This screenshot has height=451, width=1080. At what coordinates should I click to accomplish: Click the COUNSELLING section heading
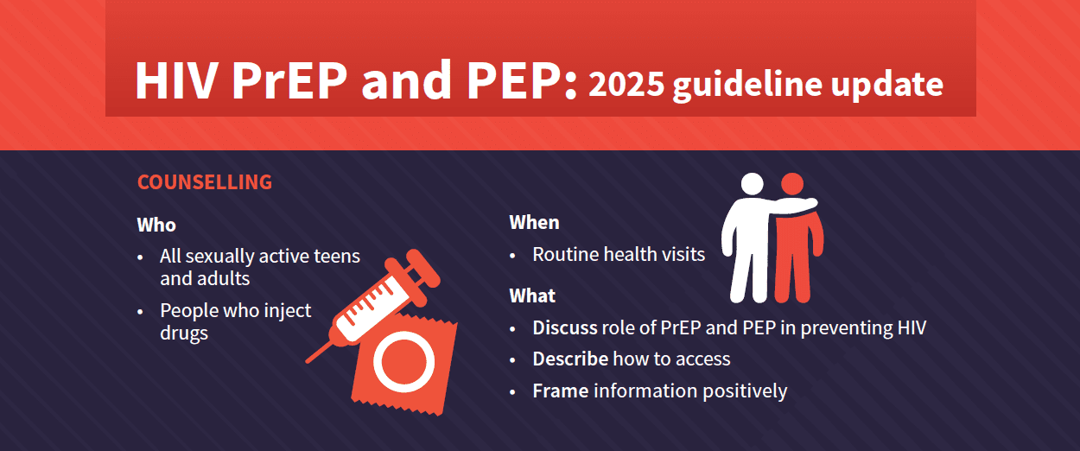(205, 182)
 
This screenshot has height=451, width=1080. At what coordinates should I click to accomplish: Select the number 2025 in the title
(626, 85)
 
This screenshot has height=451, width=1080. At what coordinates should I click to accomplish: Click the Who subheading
(156, 225)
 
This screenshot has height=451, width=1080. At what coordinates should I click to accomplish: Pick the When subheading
(534, 222)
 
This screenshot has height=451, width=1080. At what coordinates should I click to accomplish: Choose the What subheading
(532, 295)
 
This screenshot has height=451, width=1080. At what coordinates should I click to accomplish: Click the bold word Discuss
(565, 328)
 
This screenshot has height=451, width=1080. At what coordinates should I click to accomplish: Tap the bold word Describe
(570, 359)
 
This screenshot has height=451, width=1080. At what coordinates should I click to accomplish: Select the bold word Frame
(560, 391)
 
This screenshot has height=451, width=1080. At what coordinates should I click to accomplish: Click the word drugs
(184, 333)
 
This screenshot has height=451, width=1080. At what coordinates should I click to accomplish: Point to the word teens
(337, 256)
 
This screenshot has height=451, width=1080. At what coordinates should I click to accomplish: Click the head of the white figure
(753, 184)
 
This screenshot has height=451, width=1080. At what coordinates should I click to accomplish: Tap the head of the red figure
(792, 184)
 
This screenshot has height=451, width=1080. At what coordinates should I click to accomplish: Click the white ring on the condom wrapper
(404, 362)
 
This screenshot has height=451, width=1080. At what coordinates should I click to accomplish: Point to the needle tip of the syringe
(308, 361)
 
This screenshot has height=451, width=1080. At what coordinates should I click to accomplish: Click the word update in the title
(886, 86)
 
